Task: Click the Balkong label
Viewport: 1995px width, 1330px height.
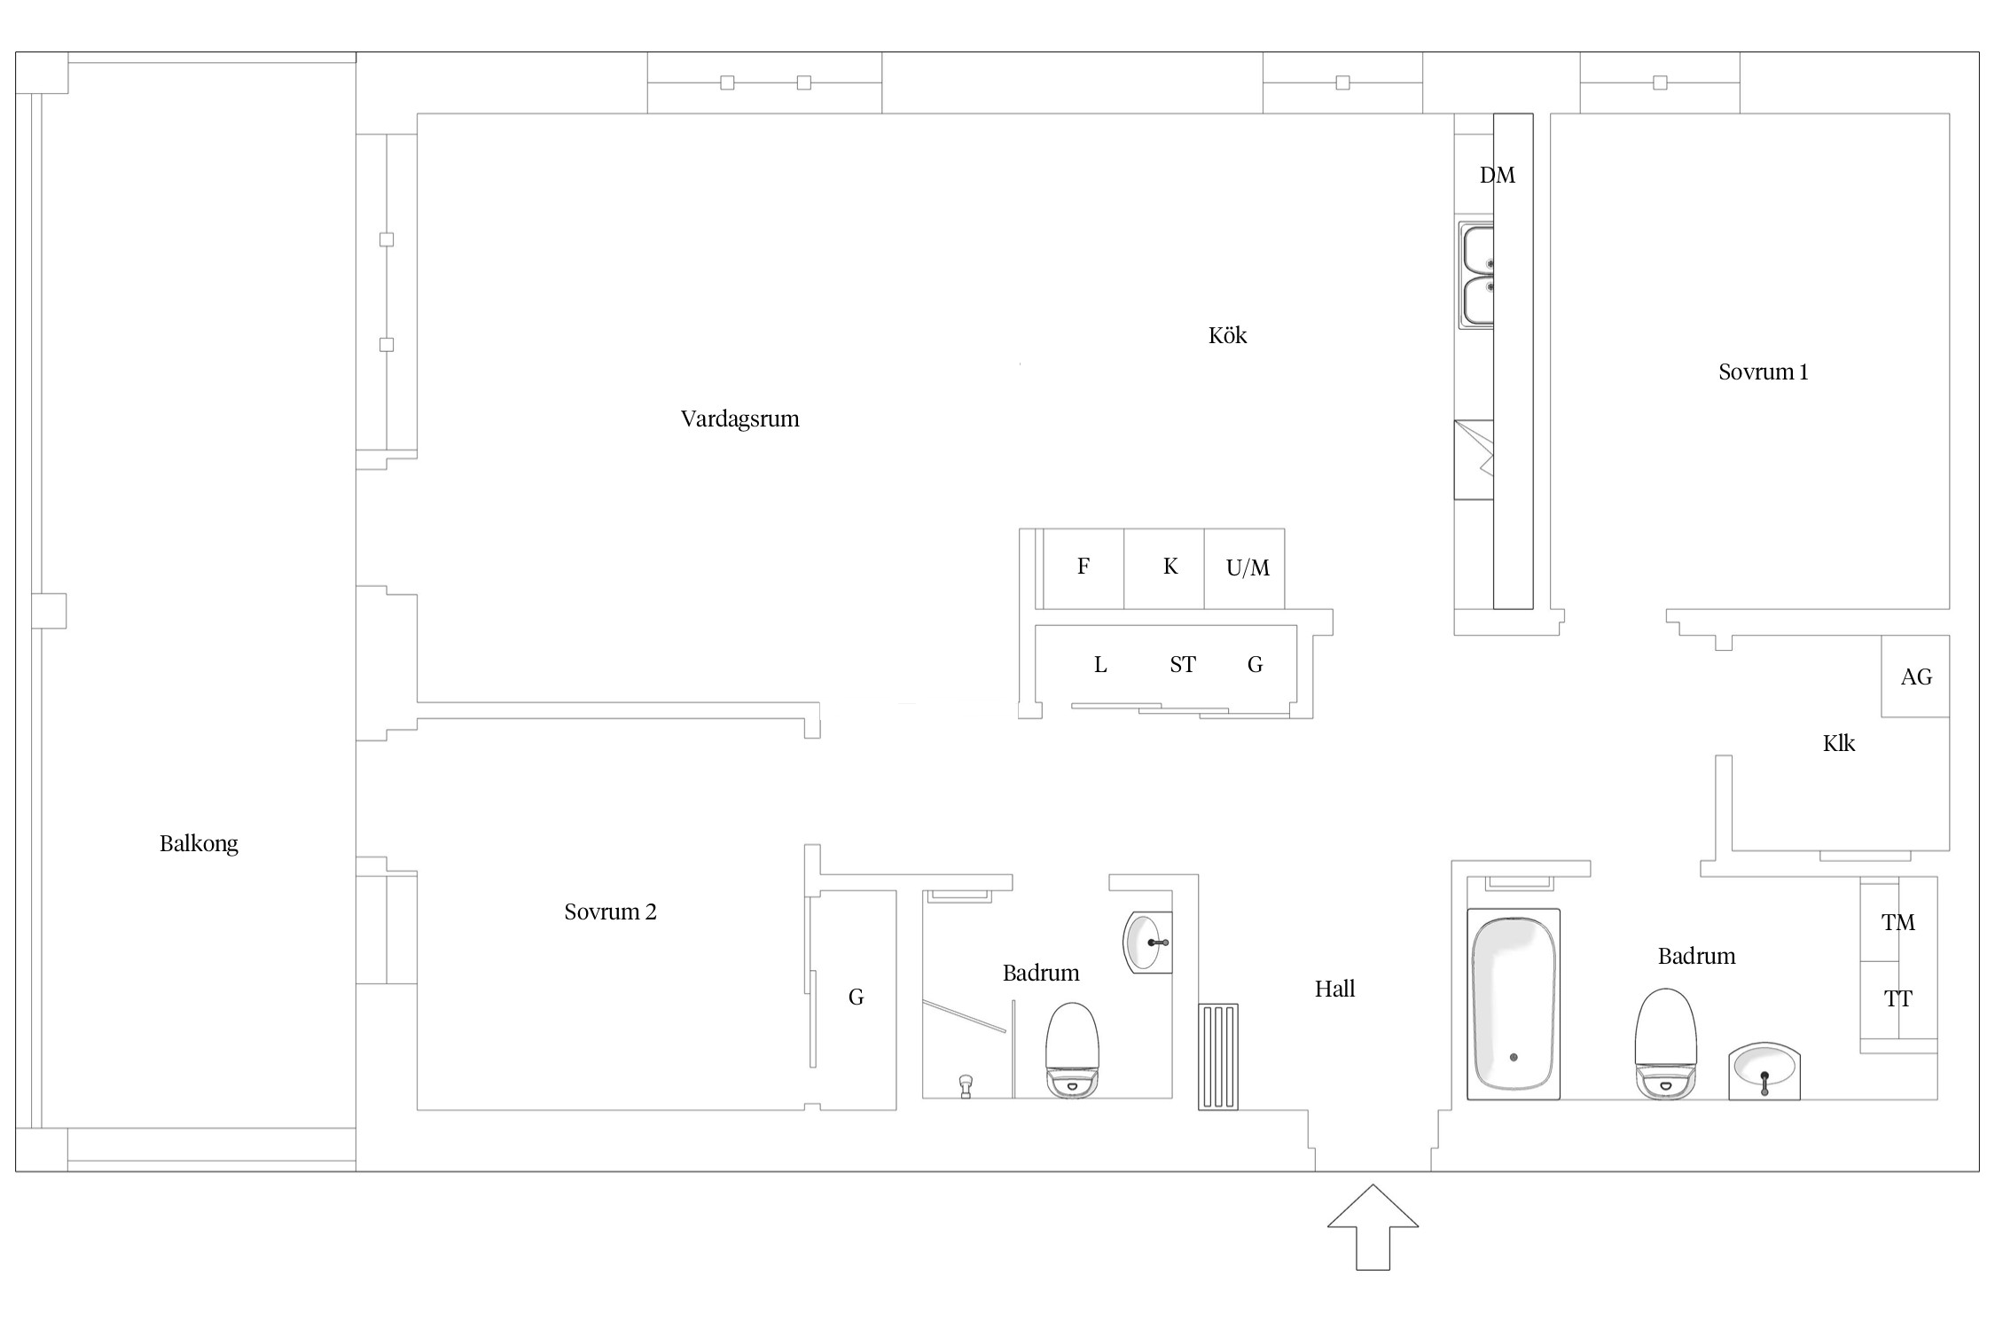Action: pos(199,843)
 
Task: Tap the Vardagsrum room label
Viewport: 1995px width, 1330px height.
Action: pos(739,419)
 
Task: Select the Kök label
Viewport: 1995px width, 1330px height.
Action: pos(1227,335)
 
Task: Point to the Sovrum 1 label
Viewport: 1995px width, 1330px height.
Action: pos(1763,372)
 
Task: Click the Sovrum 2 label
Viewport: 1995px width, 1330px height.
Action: pos(610,911)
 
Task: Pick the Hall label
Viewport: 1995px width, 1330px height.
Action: pos(1334,989)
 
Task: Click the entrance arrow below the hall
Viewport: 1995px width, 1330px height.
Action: pos(1373,1226)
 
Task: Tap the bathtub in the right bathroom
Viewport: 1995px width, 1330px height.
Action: pos(1513,1004)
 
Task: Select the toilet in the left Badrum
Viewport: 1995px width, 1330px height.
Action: pos(1072,1051)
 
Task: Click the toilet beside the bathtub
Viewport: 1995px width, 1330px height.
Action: pos(1665,1044)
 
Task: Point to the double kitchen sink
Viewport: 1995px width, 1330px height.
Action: pos(1477,275)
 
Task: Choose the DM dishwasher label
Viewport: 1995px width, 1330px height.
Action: pos(1498,176)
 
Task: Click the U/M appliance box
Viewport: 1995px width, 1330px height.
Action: pos(1244,568)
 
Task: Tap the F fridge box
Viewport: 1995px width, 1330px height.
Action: pos(1084,568)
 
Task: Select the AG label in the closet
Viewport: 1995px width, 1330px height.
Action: pos(1916,677)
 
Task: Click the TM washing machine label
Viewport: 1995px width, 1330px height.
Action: pos(1898,923)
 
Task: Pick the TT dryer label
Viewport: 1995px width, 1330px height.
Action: pos(1898,999)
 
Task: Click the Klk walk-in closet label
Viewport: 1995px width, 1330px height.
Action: pos(1839,743)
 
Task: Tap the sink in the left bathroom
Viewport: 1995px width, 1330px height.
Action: pos(1147,943)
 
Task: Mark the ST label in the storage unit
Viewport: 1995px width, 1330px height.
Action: pos(1183,665)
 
